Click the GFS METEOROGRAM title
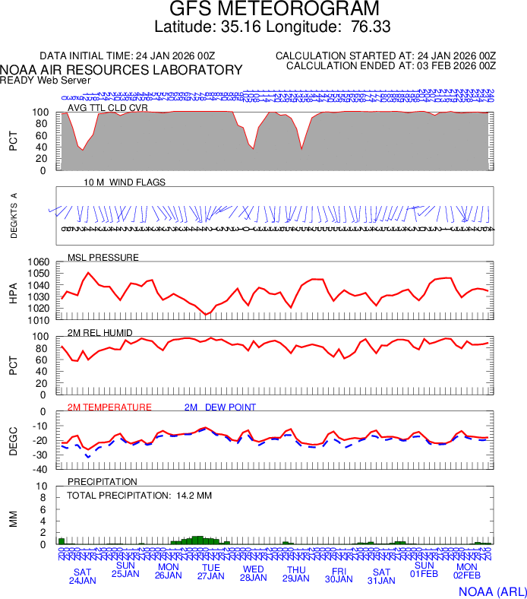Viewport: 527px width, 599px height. [273, 9]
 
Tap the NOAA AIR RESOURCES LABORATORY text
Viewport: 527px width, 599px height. [121, 70]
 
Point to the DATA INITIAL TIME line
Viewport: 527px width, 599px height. [127, 56]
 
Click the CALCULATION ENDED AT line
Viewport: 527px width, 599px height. [391, 66]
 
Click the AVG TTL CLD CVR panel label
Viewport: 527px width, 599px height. [107, 108]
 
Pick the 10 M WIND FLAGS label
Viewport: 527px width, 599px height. [125, 182]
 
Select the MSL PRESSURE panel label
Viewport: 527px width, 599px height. [103, 258]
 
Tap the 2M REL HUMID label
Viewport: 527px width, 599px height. [100, 333]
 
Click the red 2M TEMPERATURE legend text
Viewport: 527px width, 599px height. [109, 407]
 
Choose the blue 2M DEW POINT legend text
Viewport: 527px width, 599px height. [219, 407]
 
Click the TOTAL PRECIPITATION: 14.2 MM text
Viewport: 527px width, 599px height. [139, 496]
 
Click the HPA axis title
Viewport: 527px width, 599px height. [13, 291]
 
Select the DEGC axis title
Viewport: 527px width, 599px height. [13, 441]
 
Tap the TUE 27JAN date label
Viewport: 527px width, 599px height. [210, 572]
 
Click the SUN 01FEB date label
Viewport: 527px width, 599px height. [424, 569]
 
